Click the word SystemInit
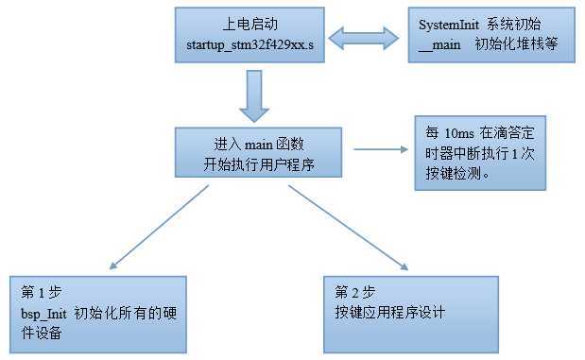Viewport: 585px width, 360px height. pyautogui.click(x=450, y=24)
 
